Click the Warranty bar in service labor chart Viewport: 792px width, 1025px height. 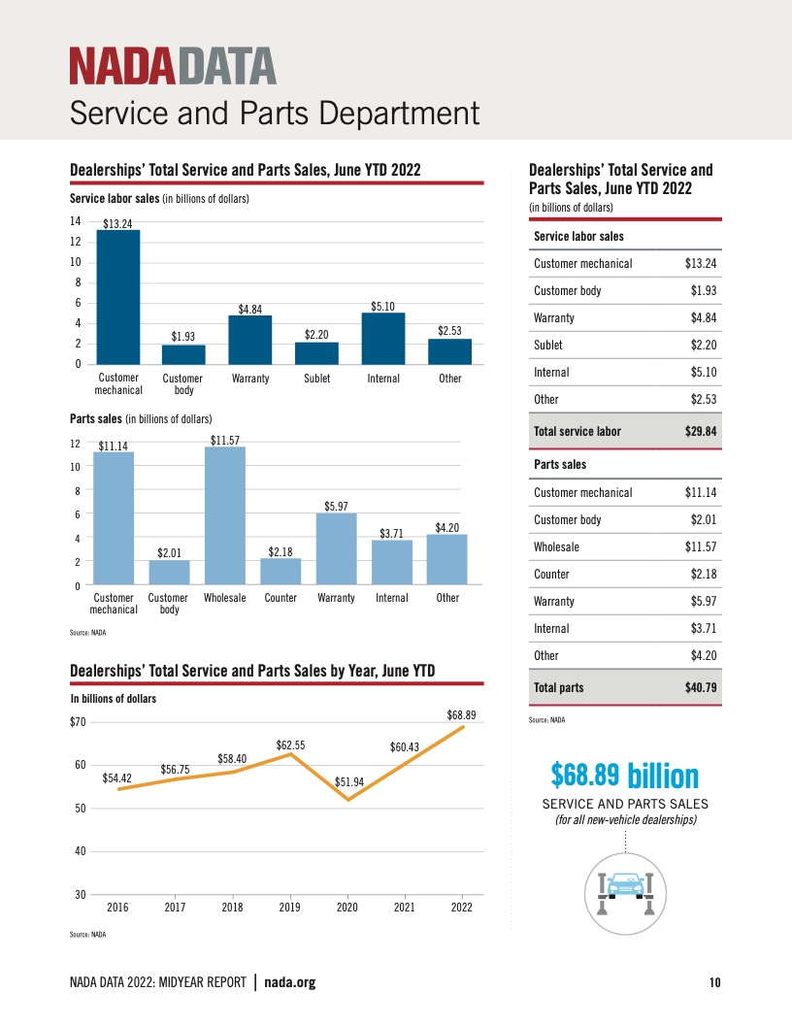(x=250, y=340)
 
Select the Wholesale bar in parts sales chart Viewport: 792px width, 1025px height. (x=225, y=515)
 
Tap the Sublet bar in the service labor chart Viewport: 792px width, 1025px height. (x=316, y=353)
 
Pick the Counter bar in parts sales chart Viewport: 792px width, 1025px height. (x=280, y=572)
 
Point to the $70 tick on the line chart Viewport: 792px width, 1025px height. (x=78, y=722)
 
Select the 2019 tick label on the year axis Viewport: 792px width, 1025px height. (x=289, y=909)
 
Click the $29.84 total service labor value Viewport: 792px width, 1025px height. (x=700, y=432)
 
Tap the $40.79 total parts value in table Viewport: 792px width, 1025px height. (x=700, y=688)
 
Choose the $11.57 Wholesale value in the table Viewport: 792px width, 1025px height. (x=700, y=547)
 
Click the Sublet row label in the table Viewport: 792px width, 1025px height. (x=548, y=345)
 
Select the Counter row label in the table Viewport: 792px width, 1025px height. (x=552, y=575)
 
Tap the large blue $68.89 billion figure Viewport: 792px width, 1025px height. (x=624, y=775)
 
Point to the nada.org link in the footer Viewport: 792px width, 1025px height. (x=290, y=983)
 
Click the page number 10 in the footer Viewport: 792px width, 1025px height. (x=714, y=983)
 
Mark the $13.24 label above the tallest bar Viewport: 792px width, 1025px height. (x=117, y=224)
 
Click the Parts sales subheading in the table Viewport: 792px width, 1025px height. (x=560, y=465)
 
